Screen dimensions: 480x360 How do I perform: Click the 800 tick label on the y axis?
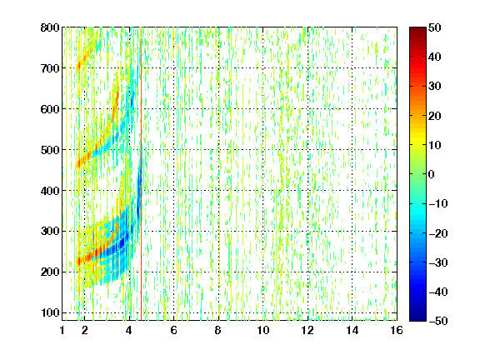[50, 27]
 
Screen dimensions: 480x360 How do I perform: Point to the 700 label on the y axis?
[50, 68]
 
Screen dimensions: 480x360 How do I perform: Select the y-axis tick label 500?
[50, 150]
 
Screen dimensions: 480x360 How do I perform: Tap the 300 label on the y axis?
[50, 232]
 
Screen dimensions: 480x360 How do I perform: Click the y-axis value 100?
[50, 312]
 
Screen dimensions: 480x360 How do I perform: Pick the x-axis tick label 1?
[62, 330]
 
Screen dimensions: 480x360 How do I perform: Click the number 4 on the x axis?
[129, 330]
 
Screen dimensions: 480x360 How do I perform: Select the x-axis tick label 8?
[218, 330]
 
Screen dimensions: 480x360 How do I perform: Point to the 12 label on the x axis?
[307, 330]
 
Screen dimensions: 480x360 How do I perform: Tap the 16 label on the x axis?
[397, 330]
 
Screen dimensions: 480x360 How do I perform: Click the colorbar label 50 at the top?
[434, 27]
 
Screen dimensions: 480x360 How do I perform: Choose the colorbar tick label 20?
[434, 116]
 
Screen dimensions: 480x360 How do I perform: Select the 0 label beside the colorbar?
[432, 174]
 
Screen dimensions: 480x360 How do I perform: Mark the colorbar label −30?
[437, 262]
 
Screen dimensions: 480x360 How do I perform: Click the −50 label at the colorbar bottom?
[437, 321]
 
